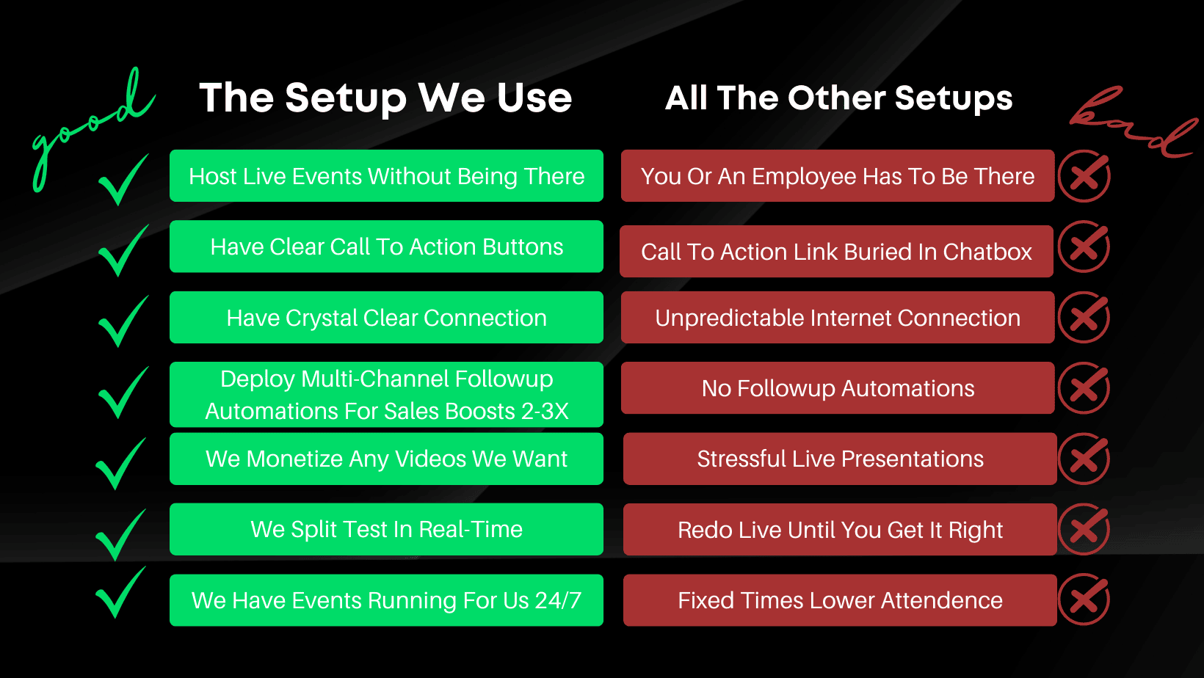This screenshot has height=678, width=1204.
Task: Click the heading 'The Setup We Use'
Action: [x=385, y=98]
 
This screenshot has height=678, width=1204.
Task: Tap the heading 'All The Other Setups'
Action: [x=838, y=98]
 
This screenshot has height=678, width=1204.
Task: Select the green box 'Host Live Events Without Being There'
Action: [x=386, y=175]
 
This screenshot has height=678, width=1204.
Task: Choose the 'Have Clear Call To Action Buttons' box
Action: [x=386, y=247]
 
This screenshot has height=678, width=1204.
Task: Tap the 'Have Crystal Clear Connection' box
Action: [x=386, y=318]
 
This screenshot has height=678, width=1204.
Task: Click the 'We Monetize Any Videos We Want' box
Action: [x=386, y=459]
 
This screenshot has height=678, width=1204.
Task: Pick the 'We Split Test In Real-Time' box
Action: [x=386, y=529]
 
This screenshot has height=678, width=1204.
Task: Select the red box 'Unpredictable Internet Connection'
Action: [x=838, y=318]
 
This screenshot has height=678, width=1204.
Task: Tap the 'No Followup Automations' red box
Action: [x=838, y=388]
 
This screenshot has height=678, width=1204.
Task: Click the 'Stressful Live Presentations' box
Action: [x=840, y=459]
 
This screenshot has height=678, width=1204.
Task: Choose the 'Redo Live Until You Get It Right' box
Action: [x=840, y=529]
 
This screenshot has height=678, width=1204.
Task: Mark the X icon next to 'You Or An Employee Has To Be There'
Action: [x=1084, y=176]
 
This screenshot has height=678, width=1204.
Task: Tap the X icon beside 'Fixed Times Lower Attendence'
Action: [x=1084, y=599]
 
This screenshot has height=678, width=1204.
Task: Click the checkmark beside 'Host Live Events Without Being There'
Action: [x=123, y=180]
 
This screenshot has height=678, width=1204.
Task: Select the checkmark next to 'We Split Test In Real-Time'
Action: [x=120, y=535]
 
